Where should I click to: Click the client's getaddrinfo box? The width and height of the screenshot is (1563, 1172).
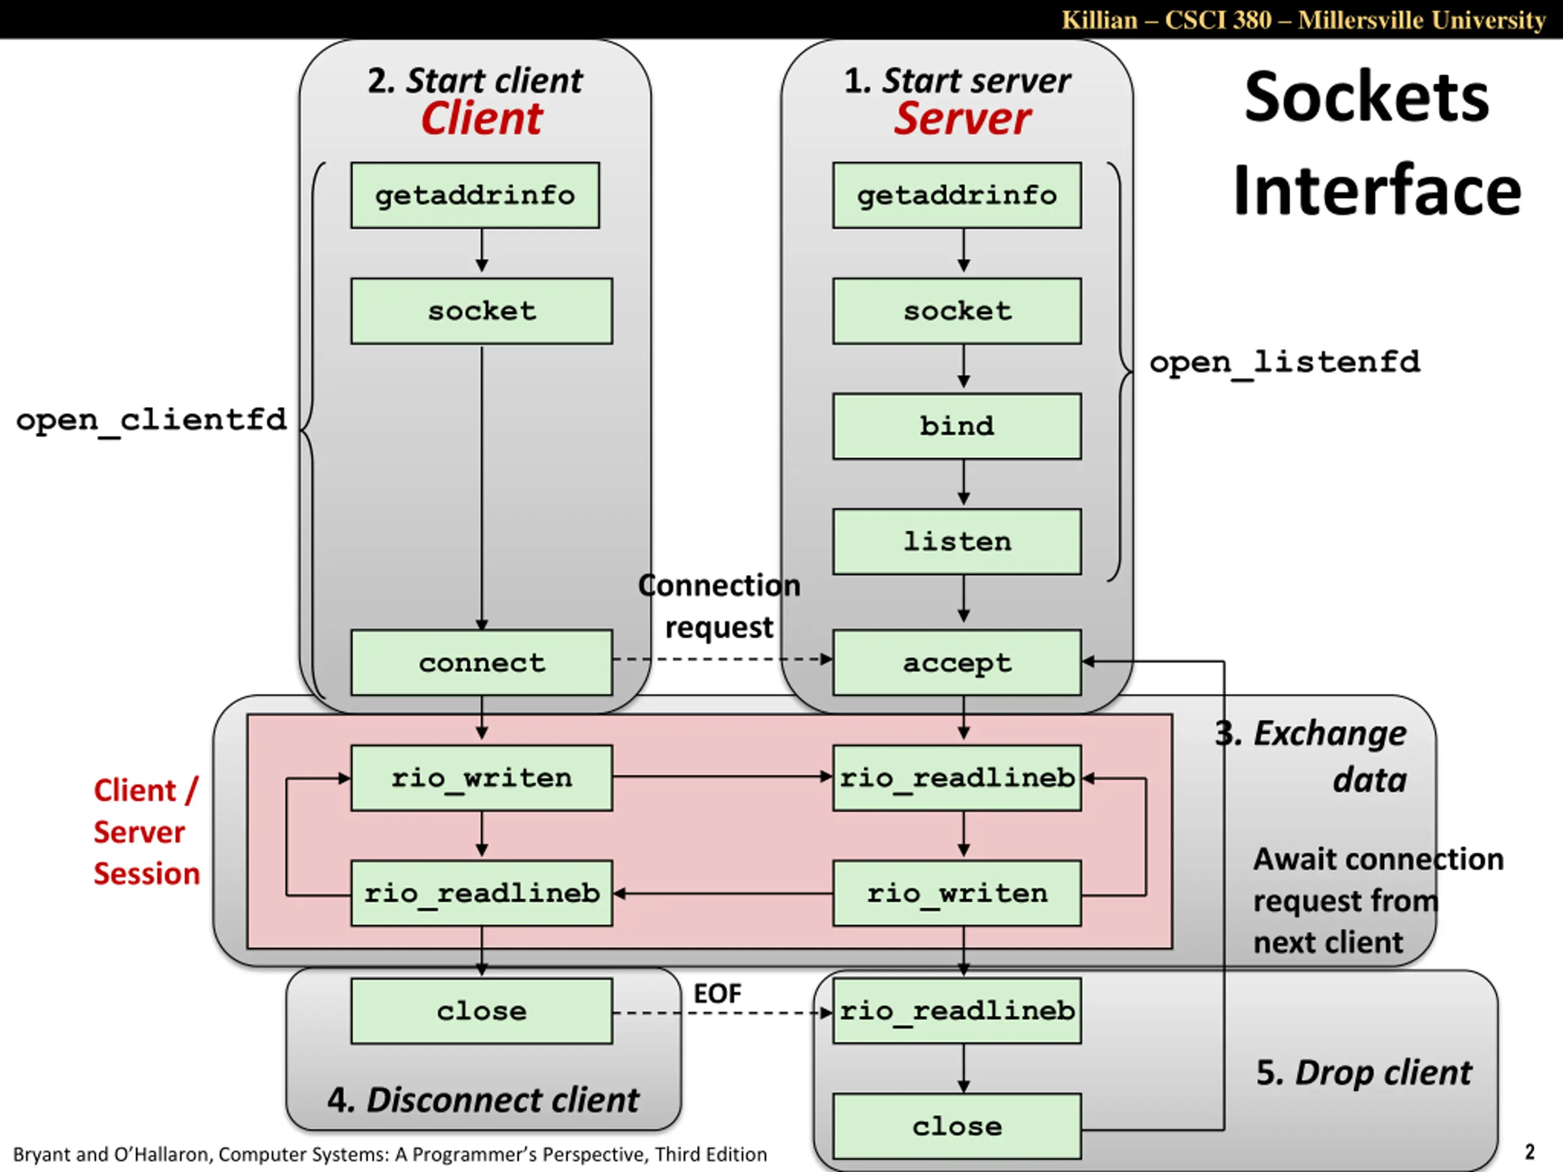(475, 195)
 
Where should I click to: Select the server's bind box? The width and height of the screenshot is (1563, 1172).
(957, 426)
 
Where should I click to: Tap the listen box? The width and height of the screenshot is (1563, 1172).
(957, 541)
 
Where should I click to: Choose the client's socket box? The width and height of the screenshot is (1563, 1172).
(482, 311)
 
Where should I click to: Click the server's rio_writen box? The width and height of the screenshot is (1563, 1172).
(957, 893)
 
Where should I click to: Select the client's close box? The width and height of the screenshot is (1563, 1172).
(482, 1010)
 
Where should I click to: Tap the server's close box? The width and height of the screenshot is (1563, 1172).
(957, 1126)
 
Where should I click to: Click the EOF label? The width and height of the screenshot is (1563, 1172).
(717, 993)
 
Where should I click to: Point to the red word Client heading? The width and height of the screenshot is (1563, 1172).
(482, 118)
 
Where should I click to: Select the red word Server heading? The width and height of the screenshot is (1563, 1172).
(962, 118)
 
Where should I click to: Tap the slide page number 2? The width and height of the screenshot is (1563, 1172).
(1530, 1152)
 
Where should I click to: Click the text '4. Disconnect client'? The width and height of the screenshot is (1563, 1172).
(484, 1100)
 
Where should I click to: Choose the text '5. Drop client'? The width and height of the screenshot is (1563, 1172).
(1364, 1073)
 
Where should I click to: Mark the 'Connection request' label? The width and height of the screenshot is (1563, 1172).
(719, 606)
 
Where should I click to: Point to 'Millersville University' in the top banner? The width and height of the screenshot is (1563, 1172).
(1422, 20)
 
